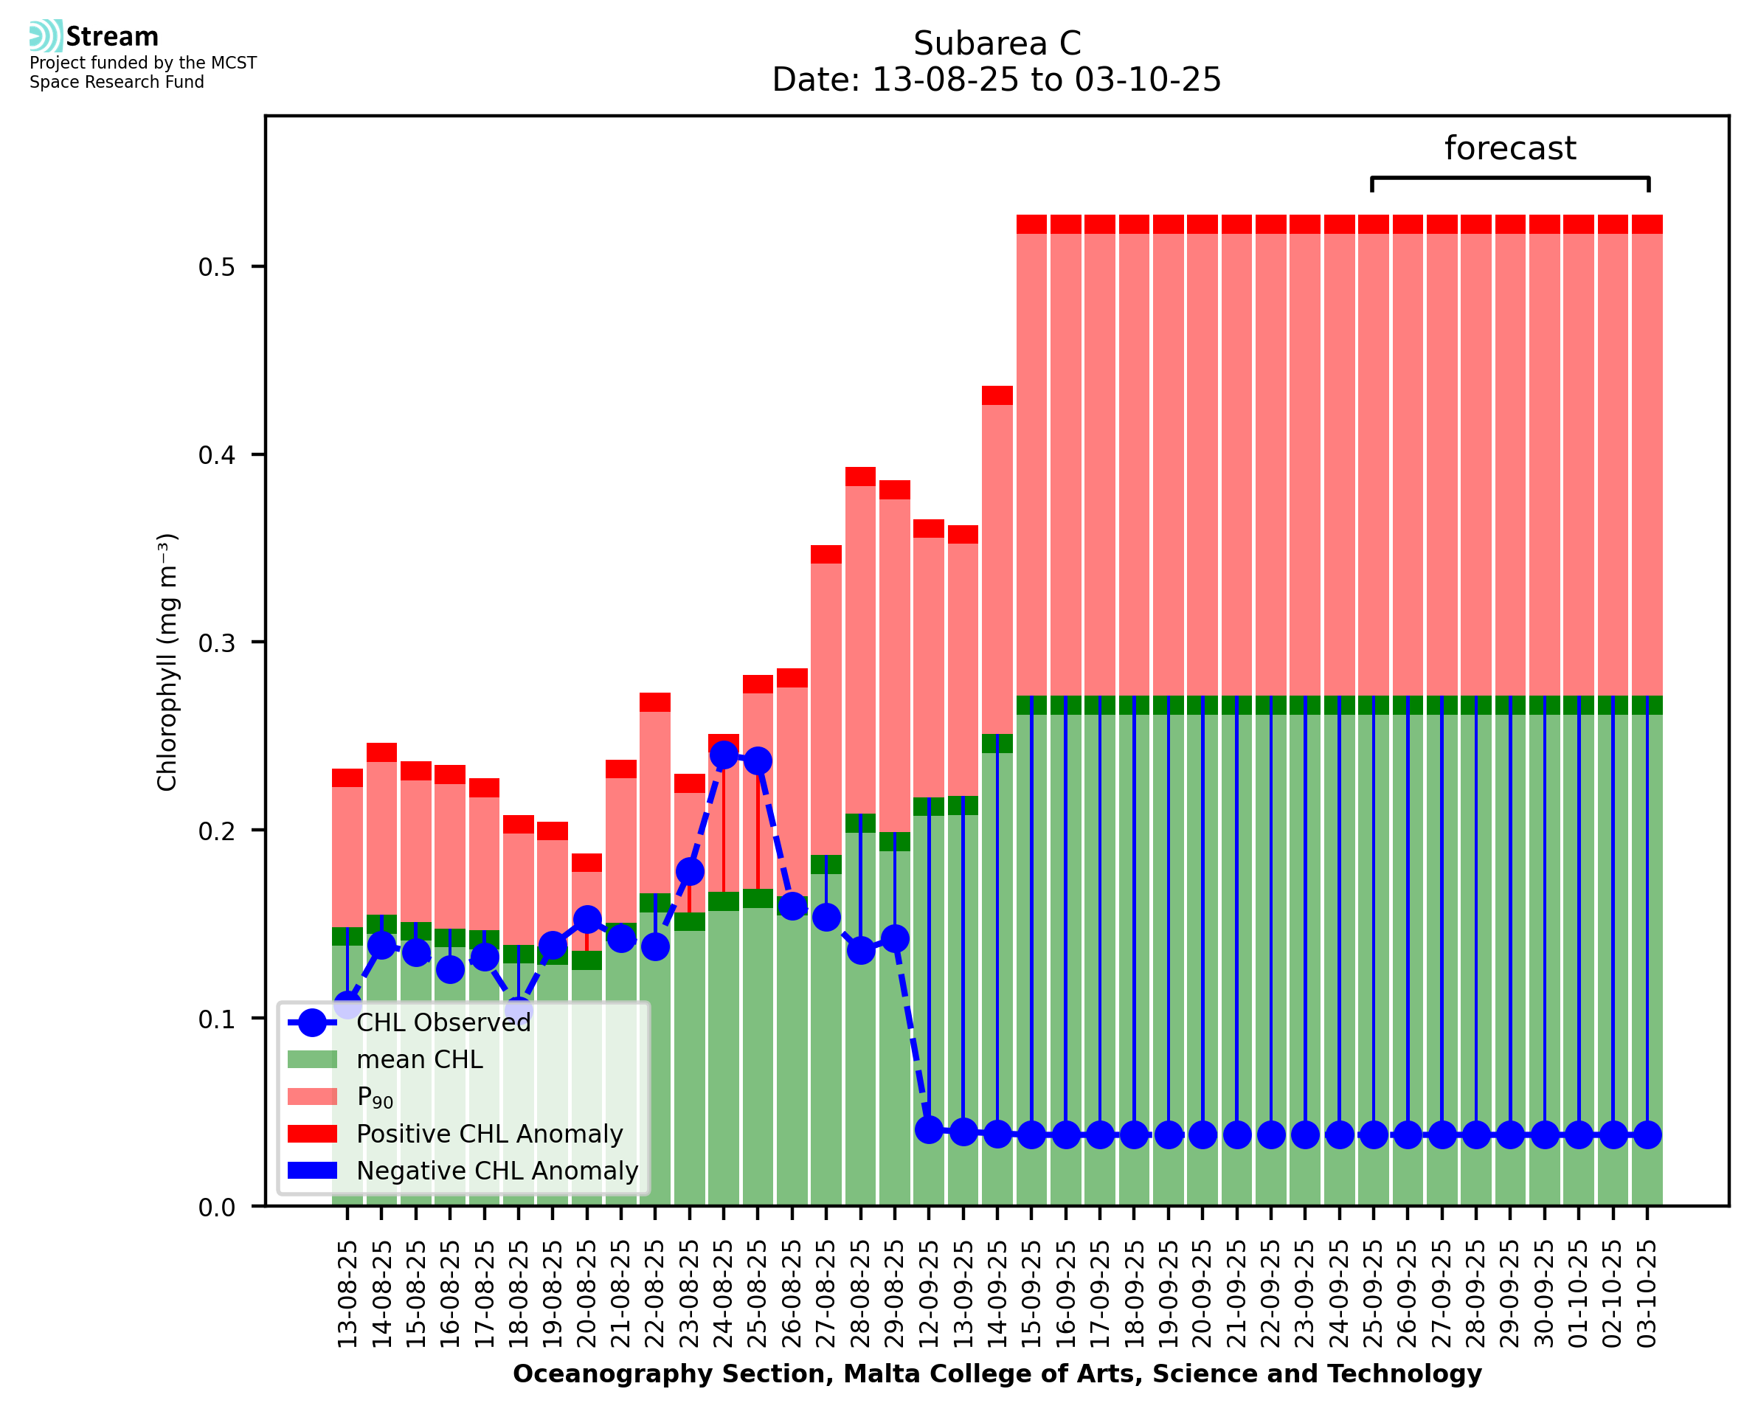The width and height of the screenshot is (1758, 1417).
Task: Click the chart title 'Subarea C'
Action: click(x=997, y=44)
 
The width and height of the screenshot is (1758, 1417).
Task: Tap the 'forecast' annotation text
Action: click(x=1509, y=148)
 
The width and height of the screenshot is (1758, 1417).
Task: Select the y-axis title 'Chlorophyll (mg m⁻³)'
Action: click(x=167, y=662)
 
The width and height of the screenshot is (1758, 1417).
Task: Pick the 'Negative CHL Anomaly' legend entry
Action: click(x=496, y=1171)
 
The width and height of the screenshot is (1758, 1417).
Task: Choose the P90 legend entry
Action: click(x=375, y=1098)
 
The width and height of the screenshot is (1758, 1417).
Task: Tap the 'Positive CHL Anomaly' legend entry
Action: click(x=489, y=1134)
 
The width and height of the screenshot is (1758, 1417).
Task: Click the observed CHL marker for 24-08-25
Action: click(x=723, y=755)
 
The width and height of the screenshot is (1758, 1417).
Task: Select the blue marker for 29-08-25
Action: click(x=895, y=939)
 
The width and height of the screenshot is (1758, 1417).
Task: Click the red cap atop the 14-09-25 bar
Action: click(x=997, y=395)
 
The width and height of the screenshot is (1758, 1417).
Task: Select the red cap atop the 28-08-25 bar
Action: click(x=860, y=477)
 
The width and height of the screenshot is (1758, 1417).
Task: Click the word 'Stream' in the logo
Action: click(x=112, y=37)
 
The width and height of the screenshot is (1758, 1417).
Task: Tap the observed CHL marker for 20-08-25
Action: click(x=586, y=920)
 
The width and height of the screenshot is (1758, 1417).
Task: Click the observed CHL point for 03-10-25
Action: click(x=1647, y=1134)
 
